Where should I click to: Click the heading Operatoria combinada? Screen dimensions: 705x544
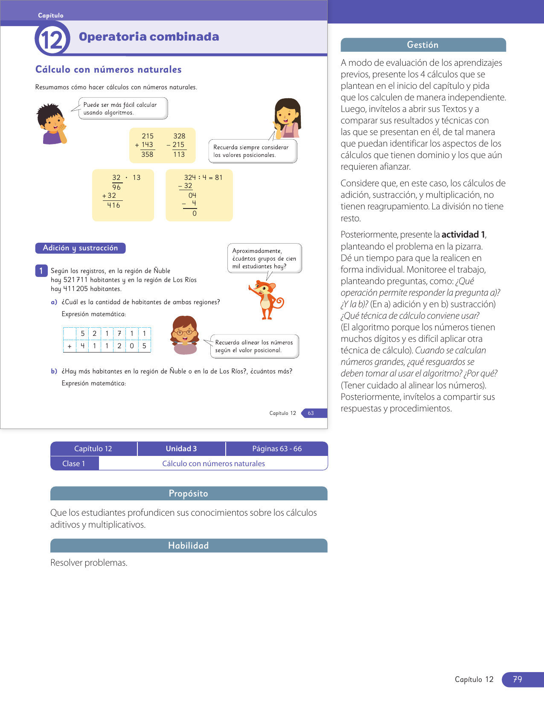(149, 37)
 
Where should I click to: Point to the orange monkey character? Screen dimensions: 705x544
(267, 299)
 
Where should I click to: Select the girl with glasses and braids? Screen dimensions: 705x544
(185, 335)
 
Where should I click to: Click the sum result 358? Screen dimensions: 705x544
(147, 154)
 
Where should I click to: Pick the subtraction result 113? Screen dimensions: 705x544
(179, 154)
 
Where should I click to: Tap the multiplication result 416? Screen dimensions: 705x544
(113, 206)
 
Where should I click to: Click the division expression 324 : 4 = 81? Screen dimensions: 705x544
(203, 177)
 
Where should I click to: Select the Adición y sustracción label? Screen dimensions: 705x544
(80, 248)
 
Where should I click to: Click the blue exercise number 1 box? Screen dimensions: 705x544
(41, 270)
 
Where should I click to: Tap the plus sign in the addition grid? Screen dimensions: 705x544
(70, 346)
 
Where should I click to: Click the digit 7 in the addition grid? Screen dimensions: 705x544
(119, 333)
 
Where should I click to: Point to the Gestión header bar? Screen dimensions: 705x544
(423, 45)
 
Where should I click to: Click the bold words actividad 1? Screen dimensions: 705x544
(463, 235)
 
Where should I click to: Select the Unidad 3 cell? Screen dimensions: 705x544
(181, 449)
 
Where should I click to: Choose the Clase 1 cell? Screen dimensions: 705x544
(74, 464)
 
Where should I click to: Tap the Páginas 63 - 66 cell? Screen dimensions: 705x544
(277, 449)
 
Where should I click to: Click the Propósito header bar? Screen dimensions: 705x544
(189, 493)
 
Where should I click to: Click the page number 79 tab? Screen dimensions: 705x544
(518, 679)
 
